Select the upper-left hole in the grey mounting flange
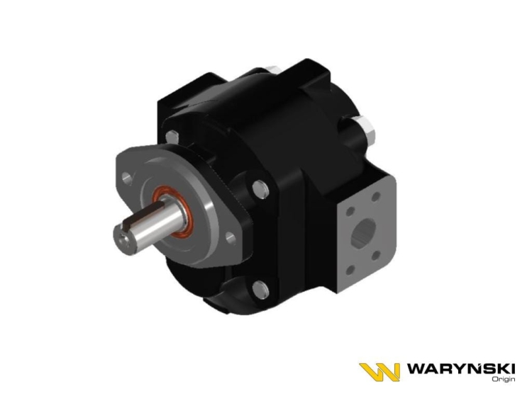tap(127, 178)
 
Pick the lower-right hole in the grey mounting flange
tap(231, 238)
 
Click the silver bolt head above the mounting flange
tap(172, 137)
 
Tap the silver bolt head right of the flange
tap(261, 189)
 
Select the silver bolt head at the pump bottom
tap(260, 290)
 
